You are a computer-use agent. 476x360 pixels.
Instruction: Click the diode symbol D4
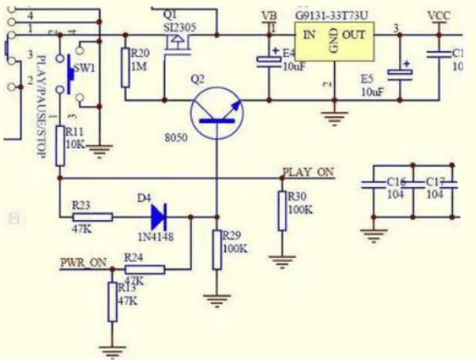[159, 217]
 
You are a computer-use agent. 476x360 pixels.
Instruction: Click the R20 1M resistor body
[125, 66]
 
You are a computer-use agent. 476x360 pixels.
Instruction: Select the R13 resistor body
[112, 301]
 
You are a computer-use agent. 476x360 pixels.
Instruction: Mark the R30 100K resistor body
[281, 211]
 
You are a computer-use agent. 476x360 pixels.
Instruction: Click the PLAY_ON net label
[308, 173]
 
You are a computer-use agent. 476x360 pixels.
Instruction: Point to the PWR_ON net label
[83, 263]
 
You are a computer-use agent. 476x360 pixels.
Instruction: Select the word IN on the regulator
[309, 35]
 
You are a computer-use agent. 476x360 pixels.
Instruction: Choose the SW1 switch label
[85, 68]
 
